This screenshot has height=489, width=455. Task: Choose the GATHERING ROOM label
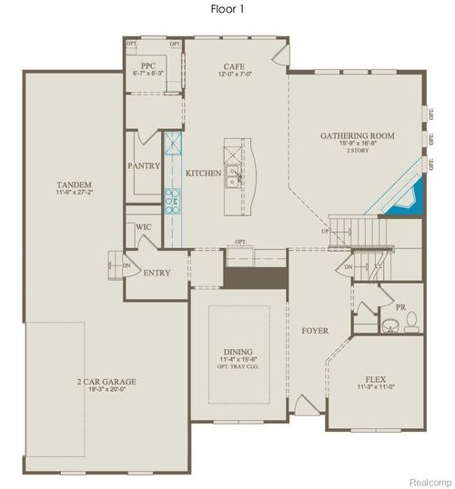(357, 135)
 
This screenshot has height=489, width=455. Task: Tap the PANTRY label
(145, 166)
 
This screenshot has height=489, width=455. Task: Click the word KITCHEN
(203, 173)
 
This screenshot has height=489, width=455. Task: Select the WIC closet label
(143, 226)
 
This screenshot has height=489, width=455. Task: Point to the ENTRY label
(157, 273)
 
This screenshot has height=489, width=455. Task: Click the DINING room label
(238, 352)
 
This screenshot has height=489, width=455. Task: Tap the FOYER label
(315, 331)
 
